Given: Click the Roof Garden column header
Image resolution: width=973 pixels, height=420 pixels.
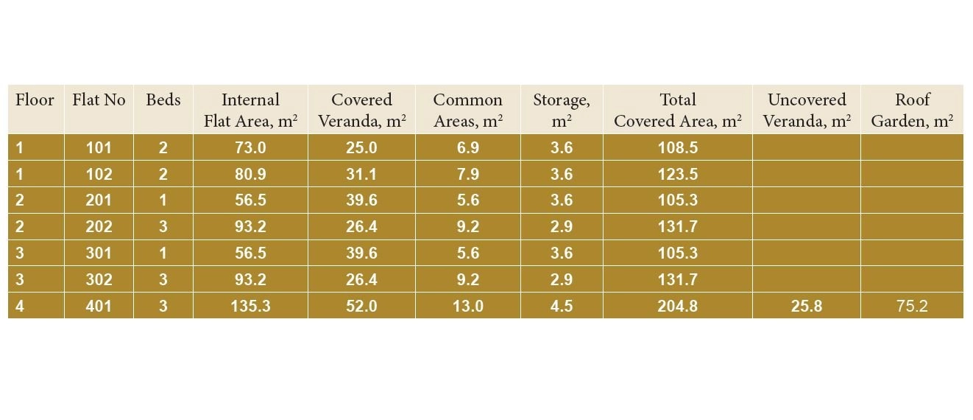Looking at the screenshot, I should (x=912, y=110).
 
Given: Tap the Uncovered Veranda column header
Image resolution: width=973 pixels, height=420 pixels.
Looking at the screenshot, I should (x=807, y=110).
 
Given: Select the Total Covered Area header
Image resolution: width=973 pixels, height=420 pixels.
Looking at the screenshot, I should (x=677, y=110).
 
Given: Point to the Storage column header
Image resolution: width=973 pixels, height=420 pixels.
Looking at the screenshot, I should (x=562, y=110).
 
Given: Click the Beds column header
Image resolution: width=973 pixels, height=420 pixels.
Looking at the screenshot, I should (x=163, y=100).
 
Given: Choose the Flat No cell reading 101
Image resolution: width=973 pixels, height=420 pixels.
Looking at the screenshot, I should (x=99, y=148).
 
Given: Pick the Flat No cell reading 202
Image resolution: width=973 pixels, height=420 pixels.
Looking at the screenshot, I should (x=99, y=227).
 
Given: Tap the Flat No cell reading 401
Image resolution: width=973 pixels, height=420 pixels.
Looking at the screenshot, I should (x=99, y=306).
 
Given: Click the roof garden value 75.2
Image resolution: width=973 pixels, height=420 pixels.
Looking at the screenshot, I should (x=912, y=306).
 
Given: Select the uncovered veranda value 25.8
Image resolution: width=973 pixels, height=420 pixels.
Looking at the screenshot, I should (x=807, y=306).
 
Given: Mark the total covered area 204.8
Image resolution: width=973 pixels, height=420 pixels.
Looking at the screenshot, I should (x=677, y=306).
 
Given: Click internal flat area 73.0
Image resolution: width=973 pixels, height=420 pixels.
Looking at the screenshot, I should (x=250, y=148).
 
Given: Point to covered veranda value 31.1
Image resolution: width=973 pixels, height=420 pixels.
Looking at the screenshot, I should (x=361, y=175).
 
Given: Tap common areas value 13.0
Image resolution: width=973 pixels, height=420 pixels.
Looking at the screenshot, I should (x=467, y=306).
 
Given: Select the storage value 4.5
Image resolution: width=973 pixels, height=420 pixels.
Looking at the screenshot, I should (x=562, y=306).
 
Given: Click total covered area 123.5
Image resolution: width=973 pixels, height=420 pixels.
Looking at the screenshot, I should (x=677, y=175).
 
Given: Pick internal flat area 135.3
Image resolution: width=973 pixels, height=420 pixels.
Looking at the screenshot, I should (x=250, y=306).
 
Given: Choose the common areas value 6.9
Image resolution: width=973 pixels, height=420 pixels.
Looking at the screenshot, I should (x=467, y=148).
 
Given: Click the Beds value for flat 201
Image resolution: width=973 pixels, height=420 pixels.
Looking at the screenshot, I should (x=163, y=200).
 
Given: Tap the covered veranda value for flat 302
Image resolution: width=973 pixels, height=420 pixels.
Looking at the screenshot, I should (x=361, y=280).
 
